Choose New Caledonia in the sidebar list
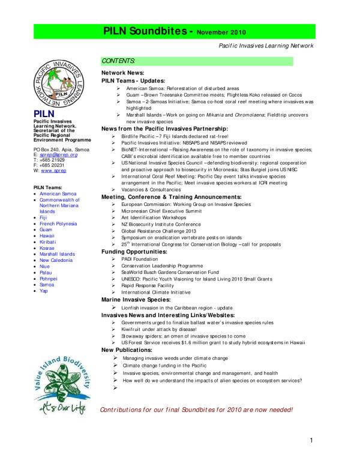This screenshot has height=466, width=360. (56, 259)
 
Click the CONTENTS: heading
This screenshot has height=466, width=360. (119, 61)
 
